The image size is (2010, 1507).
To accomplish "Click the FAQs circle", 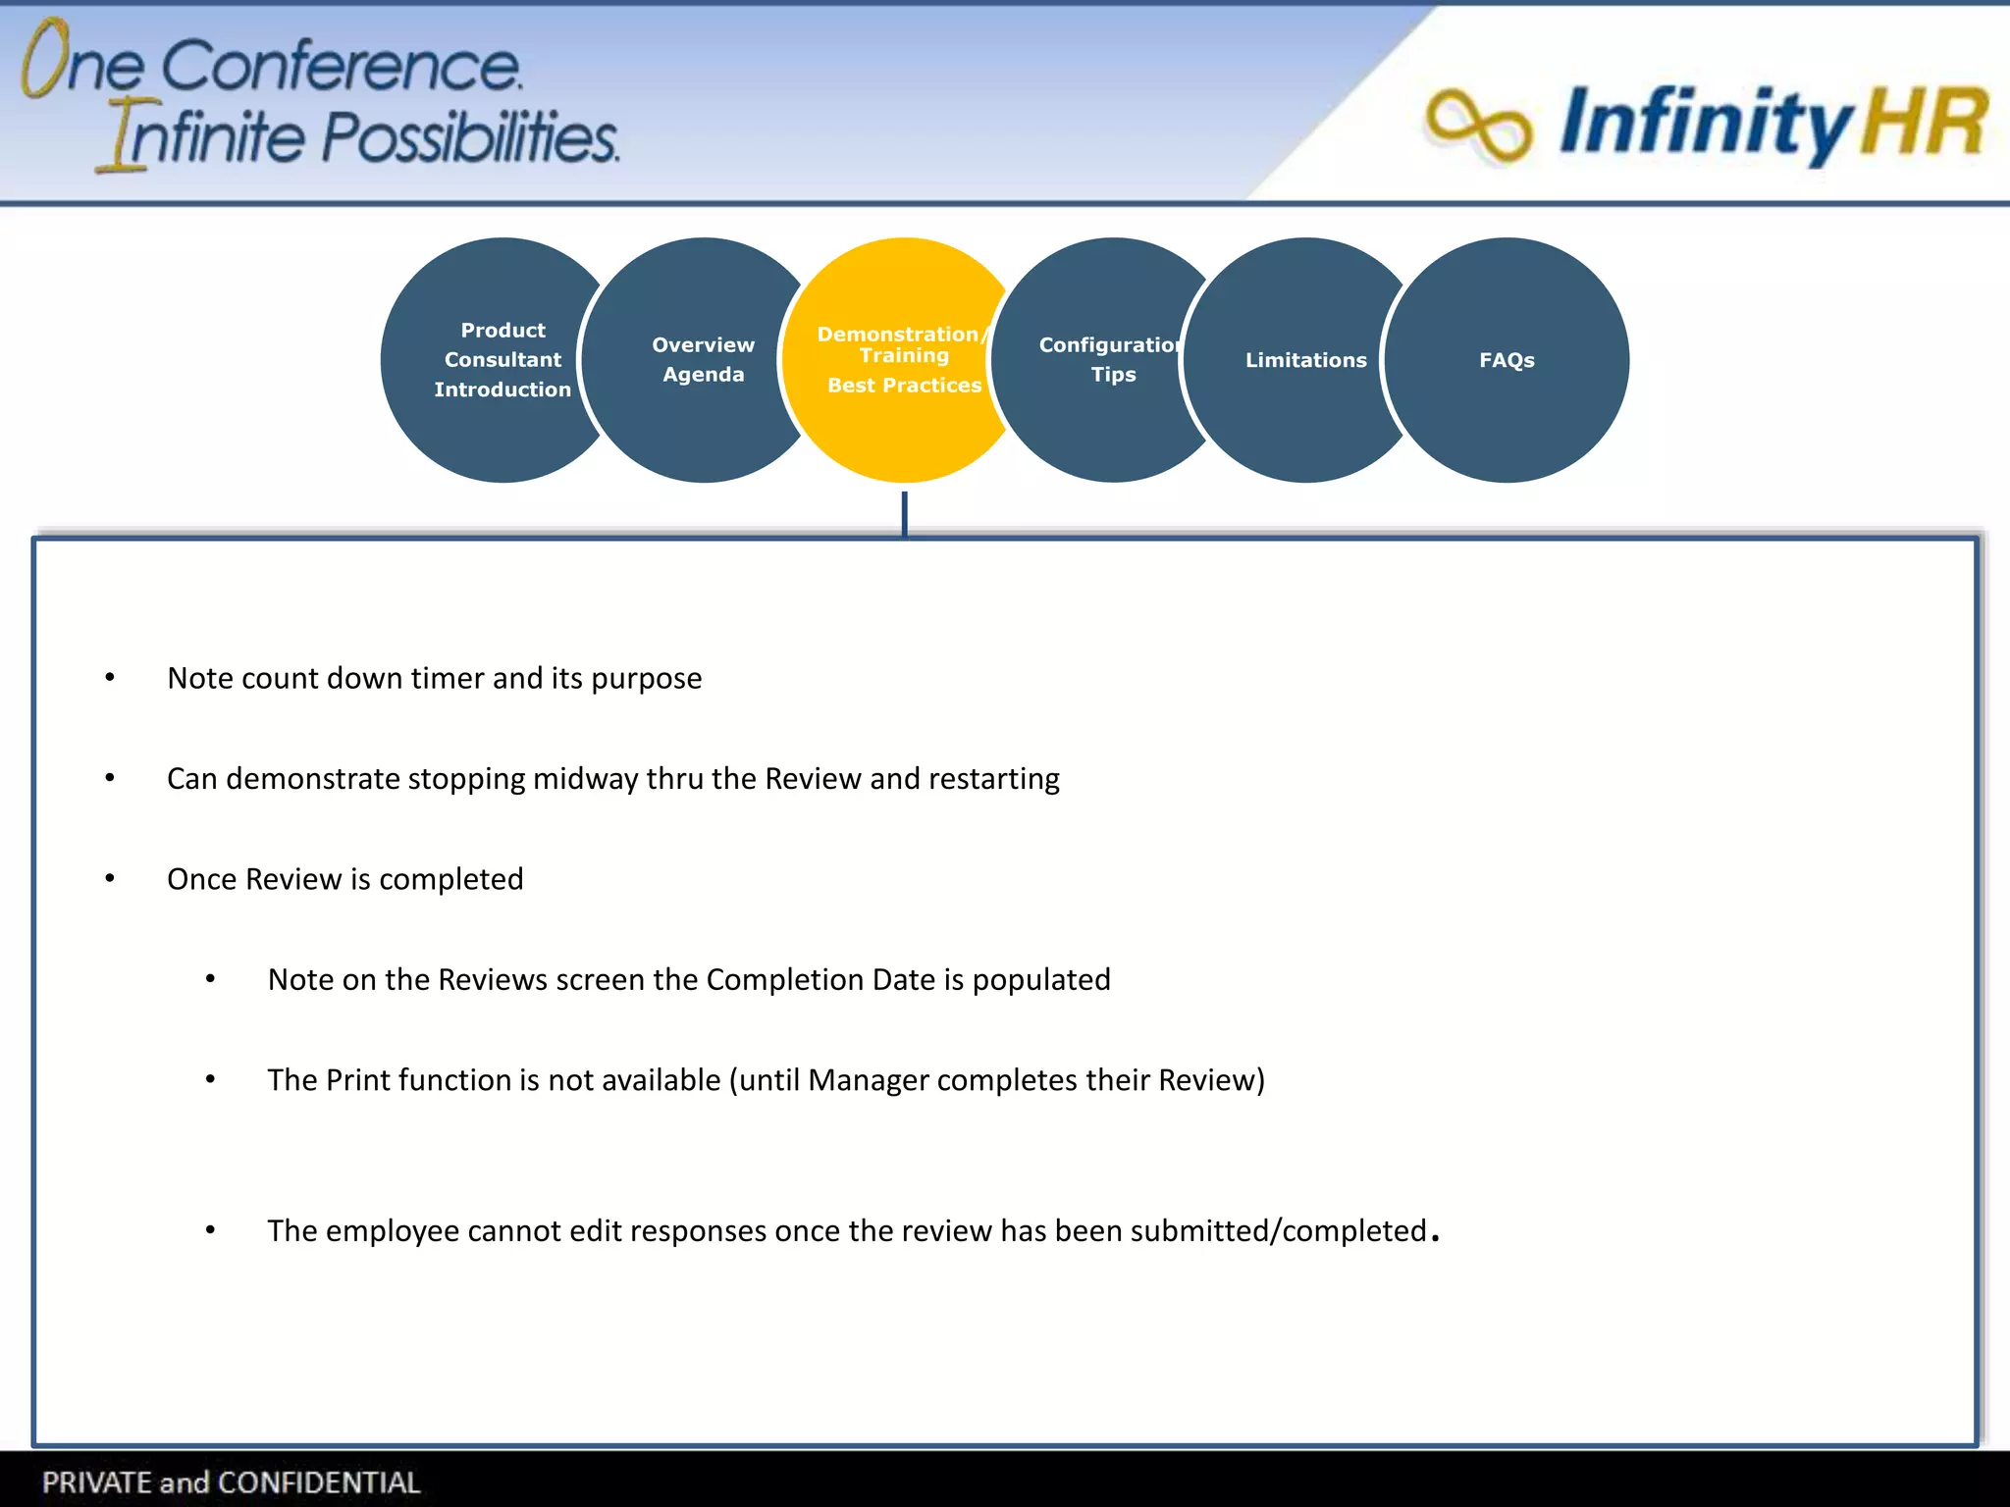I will pyautogui.click(x=1507, y=360).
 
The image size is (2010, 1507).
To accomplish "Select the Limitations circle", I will pyautogui.click(x=1304, y=360).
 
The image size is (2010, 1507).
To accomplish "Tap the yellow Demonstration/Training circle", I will pyautogui.click(x=903, y=360).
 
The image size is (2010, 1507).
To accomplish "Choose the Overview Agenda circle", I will pyautogui.click(x=703, y=360).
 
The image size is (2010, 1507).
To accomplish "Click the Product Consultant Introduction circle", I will pyautogui.click(x=502, y=360).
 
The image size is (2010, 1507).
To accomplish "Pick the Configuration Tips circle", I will pyautogui.click(x=1112, y=360).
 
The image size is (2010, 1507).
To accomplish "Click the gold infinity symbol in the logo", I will pyautogui.click(x=1477, y=125).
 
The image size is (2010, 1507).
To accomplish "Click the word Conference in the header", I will pyautogui.click(x=341, y=67).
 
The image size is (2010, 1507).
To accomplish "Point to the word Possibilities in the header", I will pyautogui.click(x=470, y=136).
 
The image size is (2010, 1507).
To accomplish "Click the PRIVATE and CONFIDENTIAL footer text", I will pyautogui.click(x=231, y=1481).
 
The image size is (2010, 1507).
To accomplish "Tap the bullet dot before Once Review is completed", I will pyautogui.click(x=110, y=878).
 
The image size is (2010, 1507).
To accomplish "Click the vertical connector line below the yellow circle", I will pyautogui.click(x=904, y=512).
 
